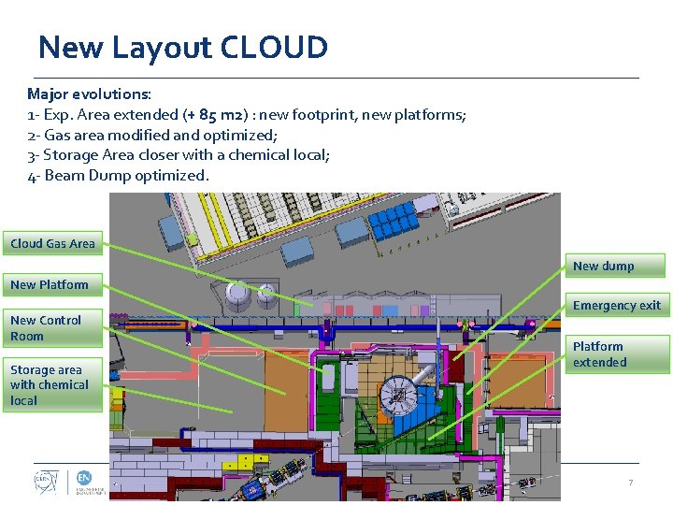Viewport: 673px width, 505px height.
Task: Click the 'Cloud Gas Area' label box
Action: [52, 243]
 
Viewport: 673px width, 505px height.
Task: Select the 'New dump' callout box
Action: [603, 267]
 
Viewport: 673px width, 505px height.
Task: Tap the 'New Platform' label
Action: [50, 284]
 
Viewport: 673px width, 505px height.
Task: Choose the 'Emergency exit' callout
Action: [616, 306]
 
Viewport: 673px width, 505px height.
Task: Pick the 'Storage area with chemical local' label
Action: [50, 385]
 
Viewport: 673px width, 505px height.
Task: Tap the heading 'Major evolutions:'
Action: [90, 94]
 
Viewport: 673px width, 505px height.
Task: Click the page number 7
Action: [630, 483]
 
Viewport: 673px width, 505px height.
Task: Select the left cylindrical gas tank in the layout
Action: [239, 297]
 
